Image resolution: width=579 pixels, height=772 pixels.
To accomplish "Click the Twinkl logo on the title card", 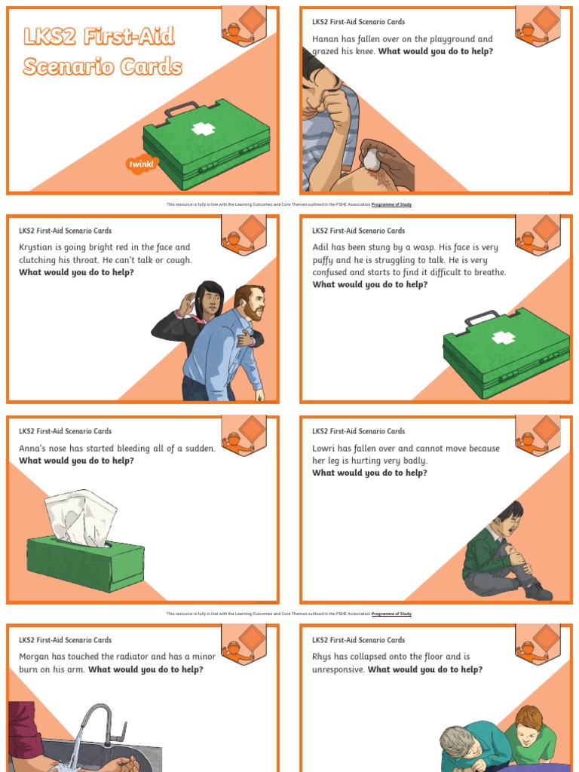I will [142, 164].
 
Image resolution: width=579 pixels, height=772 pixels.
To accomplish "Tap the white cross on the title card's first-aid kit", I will [203, 129].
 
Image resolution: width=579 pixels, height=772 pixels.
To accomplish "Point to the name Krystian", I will [38, 247].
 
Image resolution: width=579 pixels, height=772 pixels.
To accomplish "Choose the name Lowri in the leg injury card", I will [326, 449].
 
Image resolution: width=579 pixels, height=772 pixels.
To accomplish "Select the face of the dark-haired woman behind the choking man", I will [210, 301].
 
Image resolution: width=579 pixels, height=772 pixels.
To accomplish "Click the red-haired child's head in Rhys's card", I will [529, 721].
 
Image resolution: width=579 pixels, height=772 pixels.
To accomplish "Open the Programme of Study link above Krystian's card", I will [391, 204].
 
